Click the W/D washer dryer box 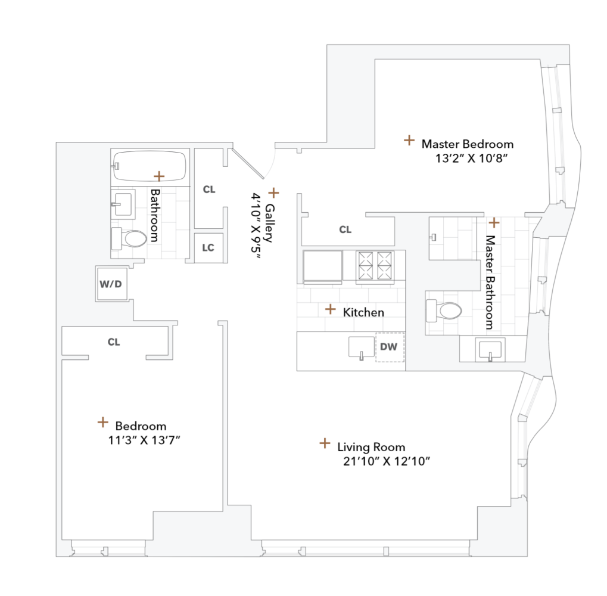pyautogui.click(x=111, y=284)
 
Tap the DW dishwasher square pyautogui.click(x=389, y=346)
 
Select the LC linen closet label pyautogui.click(x=208, y=247)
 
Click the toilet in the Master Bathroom pyautogui.click(x=444, y=311)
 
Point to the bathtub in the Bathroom pyautogui.click(x=150, y=165)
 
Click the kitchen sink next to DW pyautogui.click(x=360, y=347)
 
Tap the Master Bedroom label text pyautogui.click(x=467, y=144)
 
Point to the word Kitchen pyautogui.click(x=363, y=312)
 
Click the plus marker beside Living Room pyautogui.click(x=325, y=443)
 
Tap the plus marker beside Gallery pyautogui.click(x=273, y=193)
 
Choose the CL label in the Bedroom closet pyautogui.click(x=114, y=342)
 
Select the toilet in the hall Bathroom pyautogui.click(x=129, y=238)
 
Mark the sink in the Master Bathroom pyautogui.click(x=490, y=349)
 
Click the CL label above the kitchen pyautogui.click(x=345, y=229)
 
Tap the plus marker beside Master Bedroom pyautogui.click(x=409, y=140)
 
